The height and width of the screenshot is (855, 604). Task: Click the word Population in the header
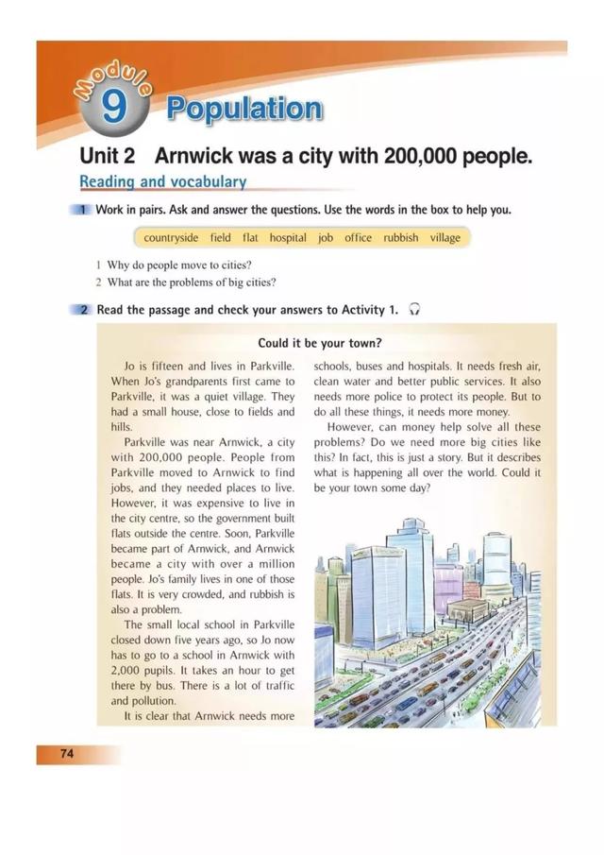point(243,110)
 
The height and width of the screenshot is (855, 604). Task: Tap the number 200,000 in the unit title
point(425,155)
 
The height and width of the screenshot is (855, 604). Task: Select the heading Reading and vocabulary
point(162,181)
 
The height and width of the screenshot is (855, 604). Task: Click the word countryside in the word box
point(170,238)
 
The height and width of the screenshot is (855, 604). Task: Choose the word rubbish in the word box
point(400,238)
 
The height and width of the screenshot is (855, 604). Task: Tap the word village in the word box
point(445,238)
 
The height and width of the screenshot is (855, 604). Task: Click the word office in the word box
point(358,238)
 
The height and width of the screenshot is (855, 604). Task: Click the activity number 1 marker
point(83,210)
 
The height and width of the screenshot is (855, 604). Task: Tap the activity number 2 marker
point(83,309)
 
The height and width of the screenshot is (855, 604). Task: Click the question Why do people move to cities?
point(179,265)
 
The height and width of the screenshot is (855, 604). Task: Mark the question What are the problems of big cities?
point(192,282)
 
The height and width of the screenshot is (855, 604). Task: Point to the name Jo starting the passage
point(131,366)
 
